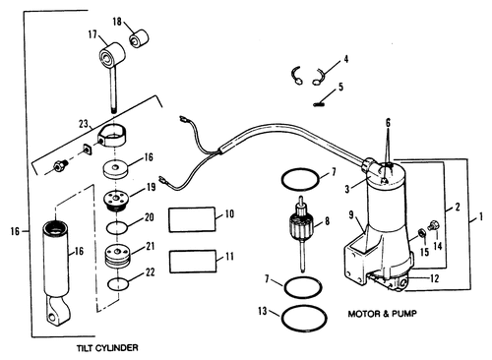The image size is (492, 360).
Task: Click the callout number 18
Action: [117, 22]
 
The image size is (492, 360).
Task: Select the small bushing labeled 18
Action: [139, 38]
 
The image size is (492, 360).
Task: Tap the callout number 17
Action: [92, 34]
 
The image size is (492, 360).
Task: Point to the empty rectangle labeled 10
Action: [192, 219]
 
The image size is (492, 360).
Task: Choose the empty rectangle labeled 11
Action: [193, 262]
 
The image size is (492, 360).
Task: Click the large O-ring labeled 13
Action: [304, 319]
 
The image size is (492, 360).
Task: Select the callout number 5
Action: [340, 87]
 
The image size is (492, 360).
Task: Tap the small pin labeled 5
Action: [319, 104]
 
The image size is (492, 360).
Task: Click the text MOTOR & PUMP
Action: [382, 314]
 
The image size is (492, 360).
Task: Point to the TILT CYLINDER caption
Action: [107, 348]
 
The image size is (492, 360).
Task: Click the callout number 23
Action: [84, 124]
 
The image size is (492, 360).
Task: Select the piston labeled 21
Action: [118, 256]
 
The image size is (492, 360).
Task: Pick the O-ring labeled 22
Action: [118, 284]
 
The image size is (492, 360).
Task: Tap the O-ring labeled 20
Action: [117, 228]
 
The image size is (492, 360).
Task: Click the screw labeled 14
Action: [434, 225]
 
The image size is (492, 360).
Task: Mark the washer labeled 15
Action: [420, 234]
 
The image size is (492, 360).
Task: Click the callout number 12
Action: [434, 278]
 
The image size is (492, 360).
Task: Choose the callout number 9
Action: [351, 215]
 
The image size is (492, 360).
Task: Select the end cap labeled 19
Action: [117, 201]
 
